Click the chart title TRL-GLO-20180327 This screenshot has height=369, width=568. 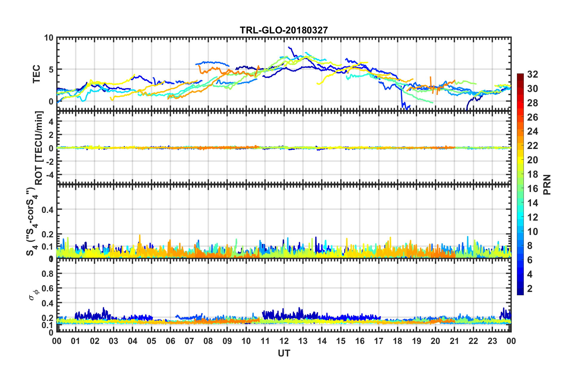[284, 30]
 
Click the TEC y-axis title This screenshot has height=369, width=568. [36, 74]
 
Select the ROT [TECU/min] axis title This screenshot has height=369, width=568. [39, 148]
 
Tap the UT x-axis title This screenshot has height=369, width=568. [284, 353]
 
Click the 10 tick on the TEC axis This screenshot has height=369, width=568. [48, 38]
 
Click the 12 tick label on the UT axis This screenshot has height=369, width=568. [284, 341]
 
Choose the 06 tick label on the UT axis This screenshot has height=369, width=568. [170, 341]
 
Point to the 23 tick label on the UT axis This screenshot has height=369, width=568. [492, 341]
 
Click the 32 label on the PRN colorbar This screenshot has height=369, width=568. [532, 74]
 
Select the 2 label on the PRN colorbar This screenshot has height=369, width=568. [530, 289]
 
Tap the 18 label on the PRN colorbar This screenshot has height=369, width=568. [532, 174]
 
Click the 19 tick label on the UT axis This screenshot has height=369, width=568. [416, 341]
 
